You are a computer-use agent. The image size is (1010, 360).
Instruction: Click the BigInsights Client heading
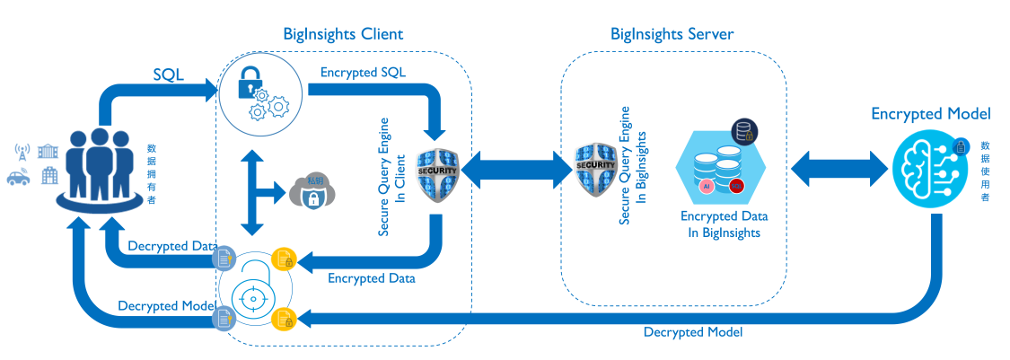343,34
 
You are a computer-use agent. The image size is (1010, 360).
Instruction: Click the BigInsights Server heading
672,34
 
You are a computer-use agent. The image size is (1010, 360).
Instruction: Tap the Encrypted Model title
931,114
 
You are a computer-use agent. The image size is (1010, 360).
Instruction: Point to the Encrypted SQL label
363,72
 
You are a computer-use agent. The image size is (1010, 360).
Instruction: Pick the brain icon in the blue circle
930,167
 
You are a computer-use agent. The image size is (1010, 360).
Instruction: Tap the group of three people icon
101,166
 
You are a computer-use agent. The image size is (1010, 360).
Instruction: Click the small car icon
19,178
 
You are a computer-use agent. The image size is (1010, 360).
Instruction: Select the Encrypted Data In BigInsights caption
724,224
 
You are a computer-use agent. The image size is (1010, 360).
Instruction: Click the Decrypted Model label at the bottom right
692,331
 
